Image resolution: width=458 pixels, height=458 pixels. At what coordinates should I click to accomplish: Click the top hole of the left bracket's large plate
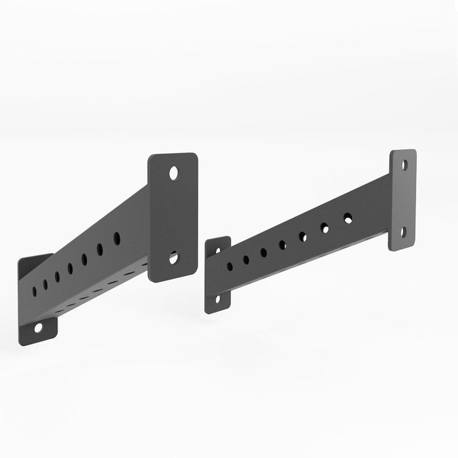point(173,173)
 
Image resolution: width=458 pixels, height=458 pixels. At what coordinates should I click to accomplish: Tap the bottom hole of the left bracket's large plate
point(173,258)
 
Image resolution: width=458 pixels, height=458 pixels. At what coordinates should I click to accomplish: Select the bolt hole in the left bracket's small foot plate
point(38,327)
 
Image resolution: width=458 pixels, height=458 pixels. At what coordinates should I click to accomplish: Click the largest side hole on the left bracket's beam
point(117,238)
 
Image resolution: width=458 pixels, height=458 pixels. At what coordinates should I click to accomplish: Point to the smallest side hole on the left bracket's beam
point(34,291)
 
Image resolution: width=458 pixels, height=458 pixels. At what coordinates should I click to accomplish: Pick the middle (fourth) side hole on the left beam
point(70,268)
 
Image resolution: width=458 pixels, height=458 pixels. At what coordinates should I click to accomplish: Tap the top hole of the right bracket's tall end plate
point(405,166)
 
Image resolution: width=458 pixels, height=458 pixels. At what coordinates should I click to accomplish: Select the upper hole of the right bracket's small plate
point(219,249)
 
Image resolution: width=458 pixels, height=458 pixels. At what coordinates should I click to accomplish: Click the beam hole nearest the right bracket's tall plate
point(348,218)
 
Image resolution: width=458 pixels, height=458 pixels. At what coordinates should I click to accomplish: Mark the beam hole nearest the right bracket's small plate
point(230,267)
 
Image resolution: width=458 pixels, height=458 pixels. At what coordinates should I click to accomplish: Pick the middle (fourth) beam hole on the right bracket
point(283,245)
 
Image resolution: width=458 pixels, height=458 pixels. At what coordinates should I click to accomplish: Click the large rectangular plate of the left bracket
point(173,216)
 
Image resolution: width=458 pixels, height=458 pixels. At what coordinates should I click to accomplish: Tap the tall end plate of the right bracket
point(403,200)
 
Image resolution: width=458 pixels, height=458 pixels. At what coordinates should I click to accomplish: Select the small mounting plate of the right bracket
point(218,275)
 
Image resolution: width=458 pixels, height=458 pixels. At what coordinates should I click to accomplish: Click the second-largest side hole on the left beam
point(100,249)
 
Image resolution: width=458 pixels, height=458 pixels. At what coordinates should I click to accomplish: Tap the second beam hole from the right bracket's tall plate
point(325,228)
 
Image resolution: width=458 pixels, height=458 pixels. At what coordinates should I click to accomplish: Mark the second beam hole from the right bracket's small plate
point(246,260)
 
